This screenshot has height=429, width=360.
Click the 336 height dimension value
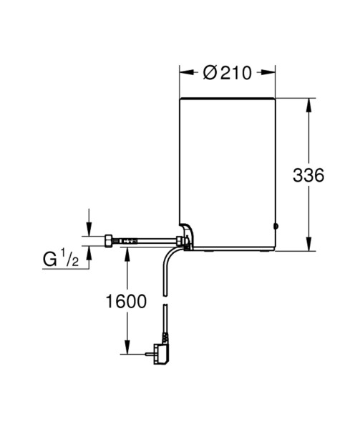[308, 175]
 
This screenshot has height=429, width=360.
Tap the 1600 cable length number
[126, 301]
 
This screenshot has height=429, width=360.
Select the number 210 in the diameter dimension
[235, 73]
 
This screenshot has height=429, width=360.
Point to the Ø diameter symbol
[210, 73]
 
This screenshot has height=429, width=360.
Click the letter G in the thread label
[49, 260]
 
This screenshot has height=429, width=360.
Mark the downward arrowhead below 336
[308, 244]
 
